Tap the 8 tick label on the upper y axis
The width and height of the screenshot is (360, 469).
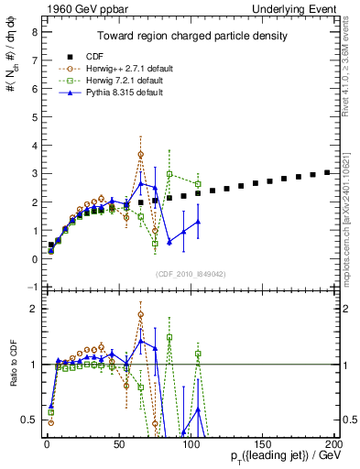(34, 32)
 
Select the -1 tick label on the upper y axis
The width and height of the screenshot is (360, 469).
(32, 288)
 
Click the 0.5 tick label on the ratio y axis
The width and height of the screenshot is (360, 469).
(29, 420)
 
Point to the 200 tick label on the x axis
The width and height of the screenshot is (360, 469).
(334, 443)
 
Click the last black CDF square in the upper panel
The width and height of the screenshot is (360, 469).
(327, 172)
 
